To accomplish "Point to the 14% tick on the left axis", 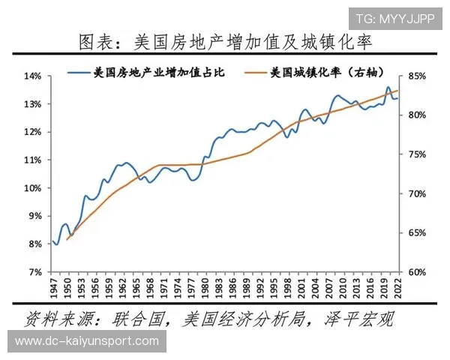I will coord(32,76).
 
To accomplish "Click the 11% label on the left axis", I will coord(32,160).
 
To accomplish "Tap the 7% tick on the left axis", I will coord(34,272).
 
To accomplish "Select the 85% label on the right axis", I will coord(418,76).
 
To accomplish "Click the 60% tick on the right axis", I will coord(418,272).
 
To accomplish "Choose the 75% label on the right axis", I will coord(418,154).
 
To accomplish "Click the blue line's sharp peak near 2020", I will coord(388,87).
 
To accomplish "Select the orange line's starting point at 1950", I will coord(67,239).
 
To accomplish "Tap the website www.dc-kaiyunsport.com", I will coord(87,341).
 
